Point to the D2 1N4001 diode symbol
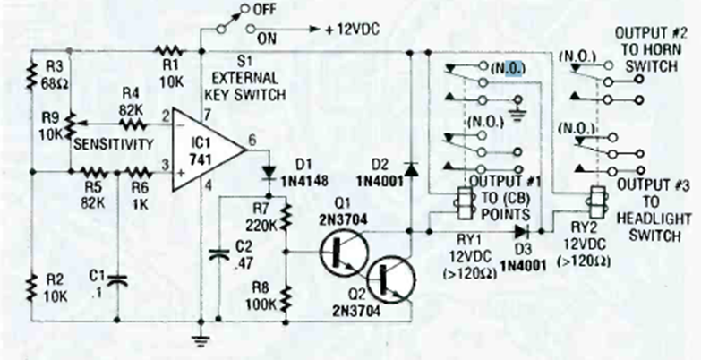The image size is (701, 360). click(410, 168)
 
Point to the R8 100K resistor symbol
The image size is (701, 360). click(286, 295)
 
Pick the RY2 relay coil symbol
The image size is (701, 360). click(593, 200)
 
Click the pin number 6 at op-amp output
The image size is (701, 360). click(253, 139)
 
